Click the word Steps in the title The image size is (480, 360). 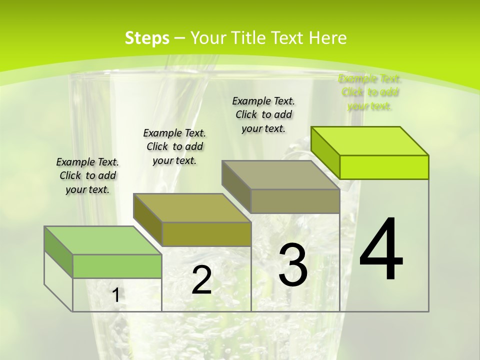tap(147, 38)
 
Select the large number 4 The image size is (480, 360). tap(381, 250)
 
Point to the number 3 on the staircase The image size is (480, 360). tap(293, 265)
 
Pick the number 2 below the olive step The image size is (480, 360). tap(201, 280)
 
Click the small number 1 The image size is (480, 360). tap(116, 295)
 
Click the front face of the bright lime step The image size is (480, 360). tap(384, 167)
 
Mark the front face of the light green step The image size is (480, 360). tap(117, 266)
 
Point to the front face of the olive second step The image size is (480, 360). tap(206, 234)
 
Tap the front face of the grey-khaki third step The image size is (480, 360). tap(295, 201)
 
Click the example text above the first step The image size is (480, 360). tap(87, 175)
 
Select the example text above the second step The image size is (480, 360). tap(174, 146)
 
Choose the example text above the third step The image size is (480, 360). tap(263, 114)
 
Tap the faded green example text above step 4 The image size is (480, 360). tap(370, 92)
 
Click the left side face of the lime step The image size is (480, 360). tap(325, 152)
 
